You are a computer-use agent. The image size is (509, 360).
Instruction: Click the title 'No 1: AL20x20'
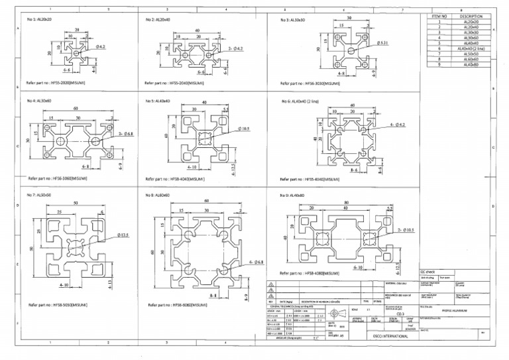(39, 19)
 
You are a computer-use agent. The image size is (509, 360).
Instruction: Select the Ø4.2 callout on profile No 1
(101, 48)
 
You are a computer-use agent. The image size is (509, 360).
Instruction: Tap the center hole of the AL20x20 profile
(78, 53)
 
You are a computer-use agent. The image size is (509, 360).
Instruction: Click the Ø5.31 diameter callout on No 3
(382, 43)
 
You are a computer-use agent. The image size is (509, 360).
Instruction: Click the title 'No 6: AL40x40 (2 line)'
(301, 101)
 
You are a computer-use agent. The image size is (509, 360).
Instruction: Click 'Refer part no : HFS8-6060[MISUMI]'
(176, 305)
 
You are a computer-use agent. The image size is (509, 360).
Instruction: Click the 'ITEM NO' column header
(439, 16)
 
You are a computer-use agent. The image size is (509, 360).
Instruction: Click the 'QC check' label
(428, 272)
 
